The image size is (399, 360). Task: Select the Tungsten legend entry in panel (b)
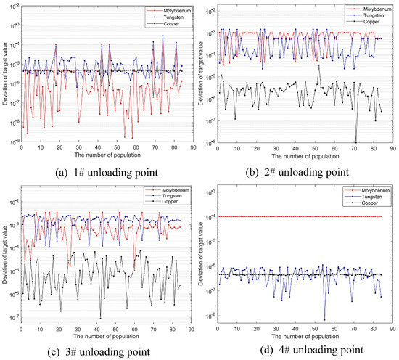click(x=366, y=15)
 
